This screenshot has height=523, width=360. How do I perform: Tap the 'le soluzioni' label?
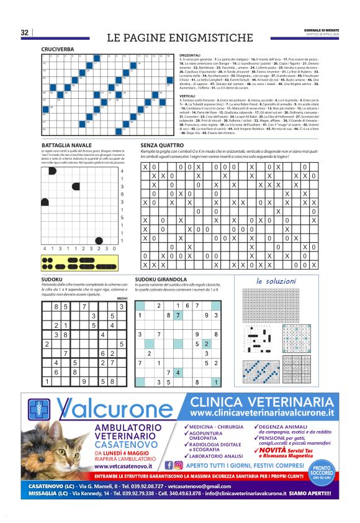tap(276, 281)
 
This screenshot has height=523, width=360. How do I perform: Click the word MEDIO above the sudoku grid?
tap(122, 298)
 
